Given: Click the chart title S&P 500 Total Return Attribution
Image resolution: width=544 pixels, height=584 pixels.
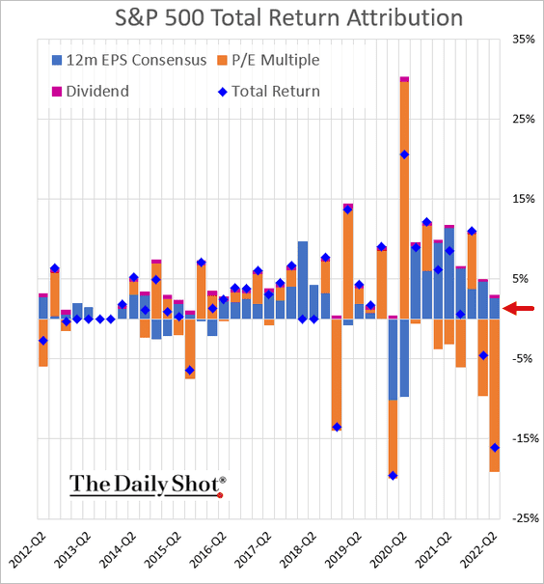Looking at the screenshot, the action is click(288, 17).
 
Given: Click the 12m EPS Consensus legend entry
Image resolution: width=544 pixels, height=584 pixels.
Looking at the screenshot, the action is click(129, 60).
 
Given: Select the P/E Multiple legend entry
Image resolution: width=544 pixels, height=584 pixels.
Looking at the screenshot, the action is click(268, 60).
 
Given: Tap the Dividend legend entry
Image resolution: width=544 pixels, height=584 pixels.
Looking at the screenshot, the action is click(91, 92).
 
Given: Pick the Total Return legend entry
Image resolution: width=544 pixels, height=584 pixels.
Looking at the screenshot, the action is click(269, 92).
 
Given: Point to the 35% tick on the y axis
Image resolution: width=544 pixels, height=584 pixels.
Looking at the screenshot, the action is click(524, 40).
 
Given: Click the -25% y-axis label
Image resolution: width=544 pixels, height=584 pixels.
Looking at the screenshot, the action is click(526, 518).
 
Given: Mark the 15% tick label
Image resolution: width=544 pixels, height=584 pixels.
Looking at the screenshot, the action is click(524, 199).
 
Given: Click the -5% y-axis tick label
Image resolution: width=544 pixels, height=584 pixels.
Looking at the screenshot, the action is click(523, 359).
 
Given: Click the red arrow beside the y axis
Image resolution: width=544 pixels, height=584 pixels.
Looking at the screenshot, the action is click(518, 308).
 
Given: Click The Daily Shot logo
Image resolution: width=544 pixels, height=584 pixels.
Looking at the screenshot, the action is click(148, 486).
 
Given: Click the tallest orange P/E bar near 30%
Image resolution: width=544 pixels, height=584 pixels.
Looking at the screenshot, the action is click(404, 200).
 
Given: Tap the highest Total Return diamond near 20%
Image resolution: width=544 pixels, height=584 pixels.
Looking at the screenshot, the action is click(404, 155).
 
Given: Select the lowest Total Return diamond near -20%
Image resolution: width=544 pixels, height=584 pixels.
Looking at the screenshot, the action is click(393, 476).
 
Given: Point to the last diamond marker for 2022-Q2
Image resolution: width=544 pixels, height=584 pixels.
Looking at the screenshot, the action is click(495, 448).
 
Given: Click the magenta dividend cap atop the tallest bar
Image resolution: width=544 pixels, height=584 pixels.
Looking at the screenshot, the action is click(404, 79).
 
